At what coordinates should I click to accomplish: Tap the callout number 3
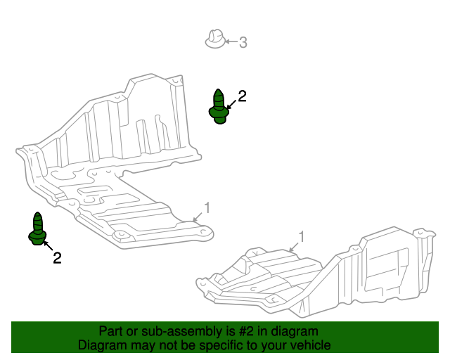(243, 42)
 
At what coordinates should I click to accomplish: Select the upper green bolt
(219, 106)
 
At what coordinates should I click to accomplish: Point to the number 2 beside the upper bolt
(242, 96)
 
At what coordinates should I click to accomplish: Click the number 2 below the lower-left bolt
(57, 258)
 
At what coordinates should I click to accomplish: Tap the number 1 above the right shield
(301, 237)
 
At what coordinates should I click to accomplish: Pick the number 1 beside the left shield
(207, 208)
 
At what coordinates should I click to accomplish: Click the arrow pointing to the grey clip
(231, 42)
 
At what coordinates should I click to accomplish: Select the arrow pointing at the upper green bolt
(231, 105)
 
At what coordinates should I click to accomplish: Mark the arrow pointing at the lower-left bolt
(48, 245)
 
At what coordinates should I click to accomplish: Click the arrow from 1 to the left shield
(198, 217)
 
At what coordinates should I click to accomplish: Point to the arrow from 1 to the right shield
(293, 247)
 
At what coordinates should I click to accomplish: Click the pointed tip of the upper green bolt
(218, 89)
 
